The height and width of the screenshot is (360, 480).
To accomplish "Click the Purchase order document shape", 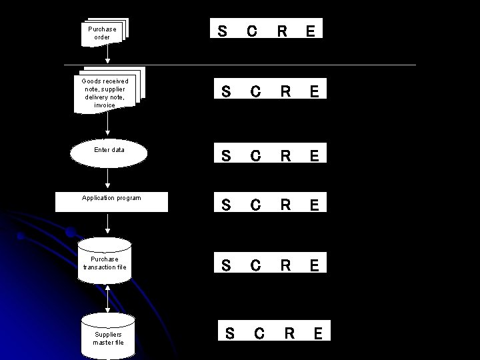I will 103,32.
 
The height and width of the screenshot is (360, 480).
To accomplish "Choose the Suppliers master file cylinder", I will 108,337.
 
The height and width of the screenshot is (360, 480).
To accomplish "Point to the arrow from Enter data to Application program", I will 108,179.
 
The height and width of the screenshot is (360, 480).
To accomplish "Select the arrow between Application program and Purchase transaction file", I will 108,225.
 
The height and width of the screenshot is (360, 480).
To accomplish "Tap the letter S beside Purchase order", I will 222,31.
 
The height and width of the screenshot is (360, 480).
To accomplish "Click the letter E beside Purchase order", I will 311,31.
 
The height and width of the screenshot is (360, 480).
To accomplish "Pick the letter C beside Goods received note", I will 255,92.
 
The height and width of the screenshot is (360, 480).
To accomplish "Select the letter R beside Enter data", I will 285,156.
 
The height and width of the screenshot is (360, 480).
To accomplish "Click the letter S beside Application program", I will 226,204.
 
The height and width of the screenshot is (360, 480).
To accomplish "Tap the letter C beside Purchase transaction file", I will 255,265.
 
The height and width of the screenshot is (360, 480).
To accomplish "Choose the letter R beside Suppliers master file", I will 289,333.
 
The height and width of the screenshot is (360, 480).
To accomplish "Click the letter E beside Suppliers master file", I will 319,333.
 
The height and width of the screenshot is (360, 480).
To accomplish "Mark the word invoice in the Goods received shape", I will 105,105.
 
